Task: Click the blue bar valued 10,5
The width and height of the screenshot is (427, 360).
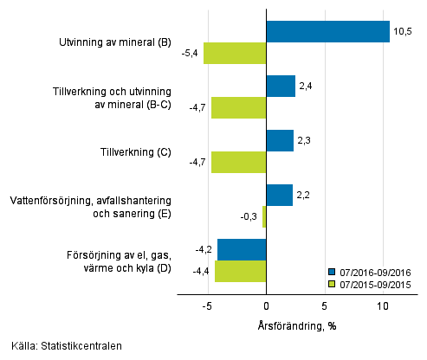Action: click(327, 32)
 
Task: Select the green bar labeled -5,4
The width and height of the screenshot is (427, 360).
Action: click(234, 53)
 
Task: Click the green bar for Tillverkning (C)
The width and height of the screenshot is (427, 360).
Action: click(238, 162)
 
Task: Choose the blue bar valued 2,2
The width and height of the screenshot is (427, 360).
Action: click(279, 195)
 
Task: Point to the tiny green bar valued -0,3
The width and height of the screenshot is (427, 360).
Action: click(264, 216)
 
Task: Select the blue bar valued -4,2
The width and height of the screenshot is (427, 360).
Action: click(242, 249)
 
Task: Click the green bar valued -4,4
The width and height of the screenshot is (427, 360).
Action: click(240, 271)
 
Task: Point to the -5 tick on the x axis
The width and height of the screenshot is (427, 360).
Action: click(208, 305)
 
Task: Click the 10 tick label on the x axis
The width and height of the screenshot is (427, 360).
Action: click(382, 305)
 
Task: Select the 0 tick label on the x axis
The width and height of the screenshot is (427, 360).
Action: click(266, 305)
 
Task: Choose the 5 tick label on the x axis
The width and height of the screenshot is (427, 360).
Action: click(324, 305)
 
